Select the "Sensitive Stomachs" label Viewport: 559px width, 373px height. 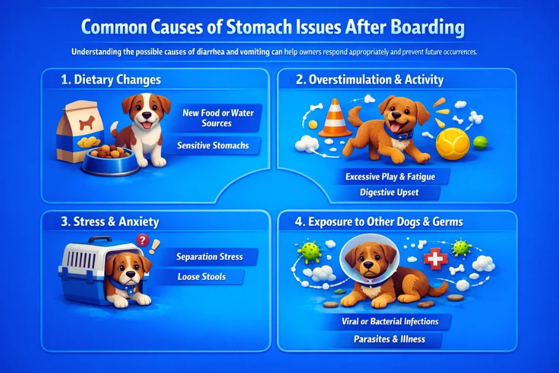212,145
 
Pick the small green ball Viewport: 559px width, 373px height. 481,142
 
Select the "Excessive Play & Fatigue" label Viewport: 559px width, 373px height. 389,177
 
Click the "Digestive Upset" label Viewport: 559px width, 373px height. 389,192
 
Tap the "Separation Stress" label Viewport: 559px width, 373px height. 209,256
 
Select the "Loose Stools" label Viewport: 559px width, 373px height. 201,277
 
